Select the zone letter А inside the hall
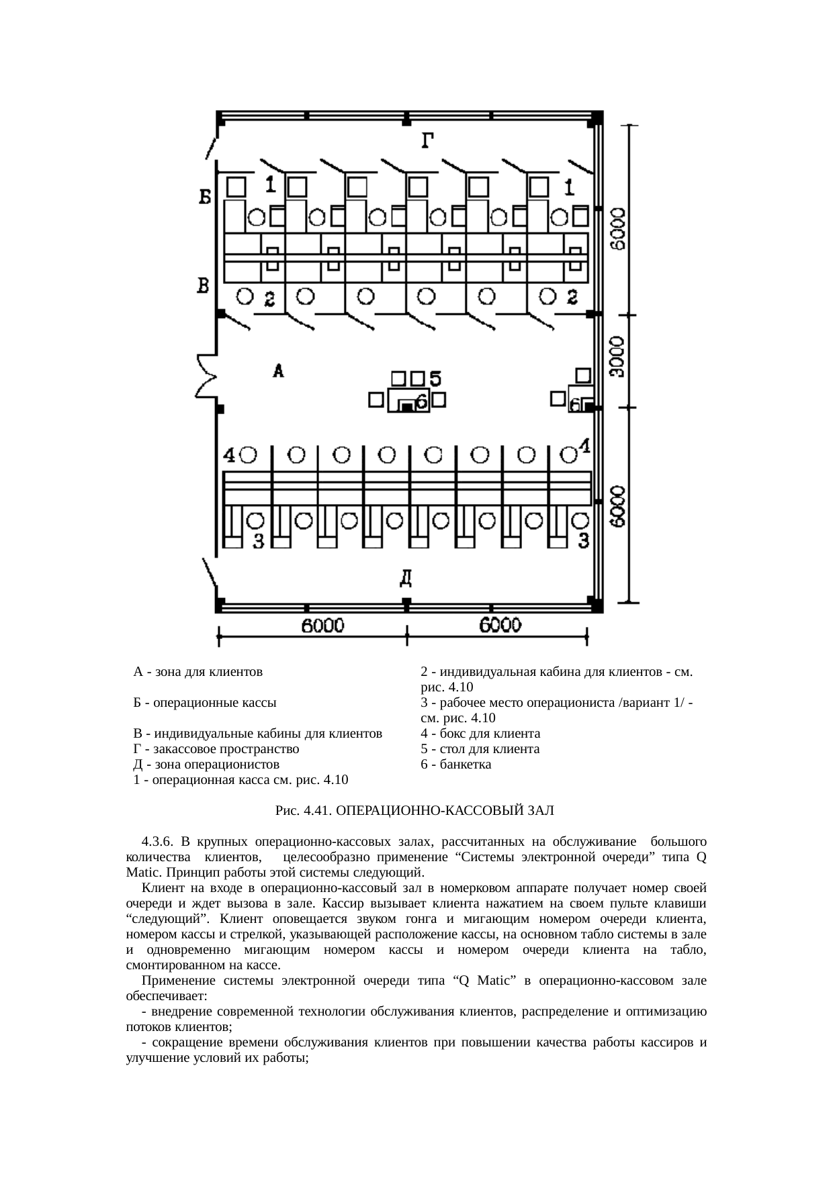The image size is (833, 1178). point(279,371)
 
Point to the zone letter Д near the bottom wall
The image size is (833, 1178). point(406,577)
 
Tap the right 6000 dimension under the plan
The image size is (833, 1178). point(500,626)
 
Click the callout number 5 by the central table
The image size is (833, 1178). point(435,379)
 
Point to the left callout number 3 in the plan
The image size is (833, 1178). point(258,541)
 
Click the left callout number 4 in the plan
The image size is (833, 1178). point(229,456)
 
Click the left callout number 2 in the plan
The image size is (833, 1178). point(269,299)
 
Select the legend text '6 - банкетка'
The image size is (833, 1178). point(455,764)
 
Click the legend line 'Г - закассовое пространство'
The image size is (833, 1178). point(216,748)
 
